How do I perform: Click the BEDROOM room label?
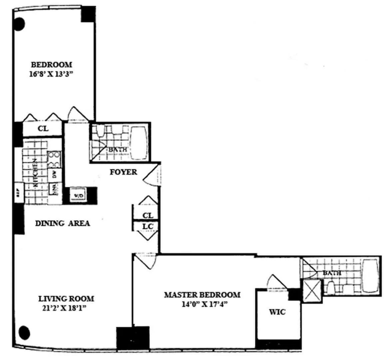pos(51,64)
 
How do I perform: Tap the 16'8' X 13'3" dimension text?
pos(51,74)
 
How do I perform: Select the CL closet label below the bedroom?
pos(43,129)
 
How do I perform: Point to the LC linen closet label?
pos(148,227)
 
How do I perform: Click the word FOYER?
pos(123,172)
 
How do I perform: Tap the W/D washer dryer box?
pos(78,196)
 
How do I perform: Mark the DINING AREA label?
pos(63,223)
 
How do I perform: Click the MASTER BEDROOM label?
pos(202,295)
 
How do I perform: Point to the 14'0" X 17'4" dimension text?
pos(202,304)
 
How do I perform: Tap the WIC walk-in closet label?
pos(277,312)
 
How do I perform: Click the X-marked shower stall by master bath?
pos(312,291)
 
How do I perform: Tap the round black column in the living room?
pos(24,332)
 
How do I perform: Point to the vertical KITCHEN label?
pos(34,172)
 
